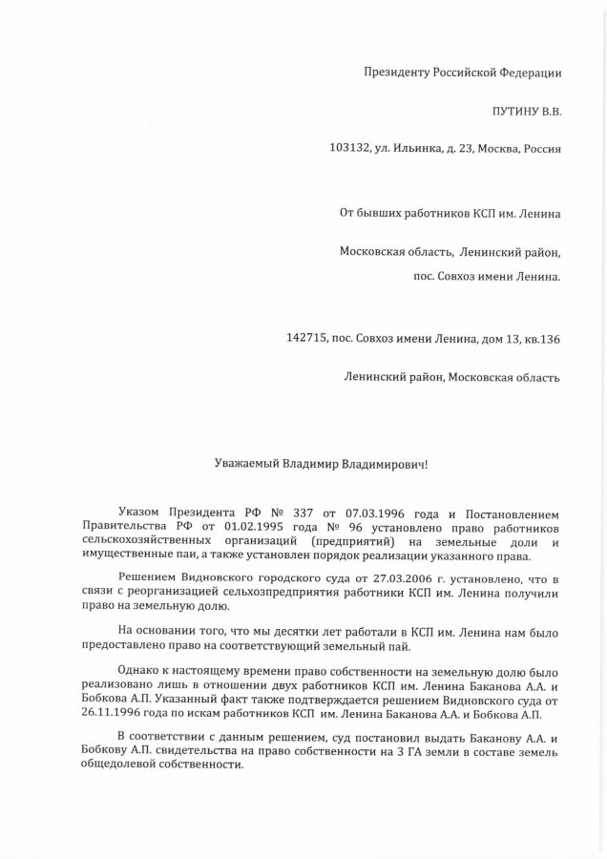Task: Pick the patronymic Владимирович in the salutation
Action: click(387, 464)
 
